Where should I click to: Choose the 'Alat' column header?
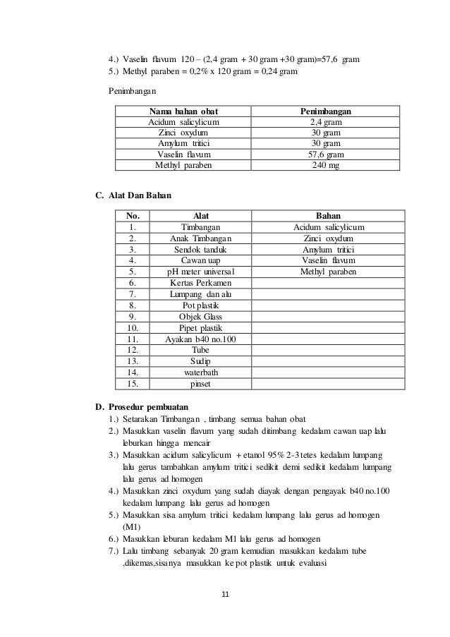pyautogui.click(x=200, y=216)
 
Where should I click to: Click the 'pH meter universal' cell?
pyautogui.click(x=200, y=271)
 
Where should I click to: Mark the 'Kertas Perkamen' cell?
pyautogui.click(x=200, y=282)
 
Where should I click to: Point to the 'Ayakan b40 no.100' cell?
pyautogui.click(x=200, y=339)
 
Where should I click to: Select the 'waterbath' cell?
pyautogui.click(x=200, y=373)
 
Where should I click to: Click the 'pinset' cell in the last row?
pyautogui.click(x=200, y=384)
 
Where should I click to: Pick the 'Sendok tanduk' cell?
pyautogui.click(x=200, y=249)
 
